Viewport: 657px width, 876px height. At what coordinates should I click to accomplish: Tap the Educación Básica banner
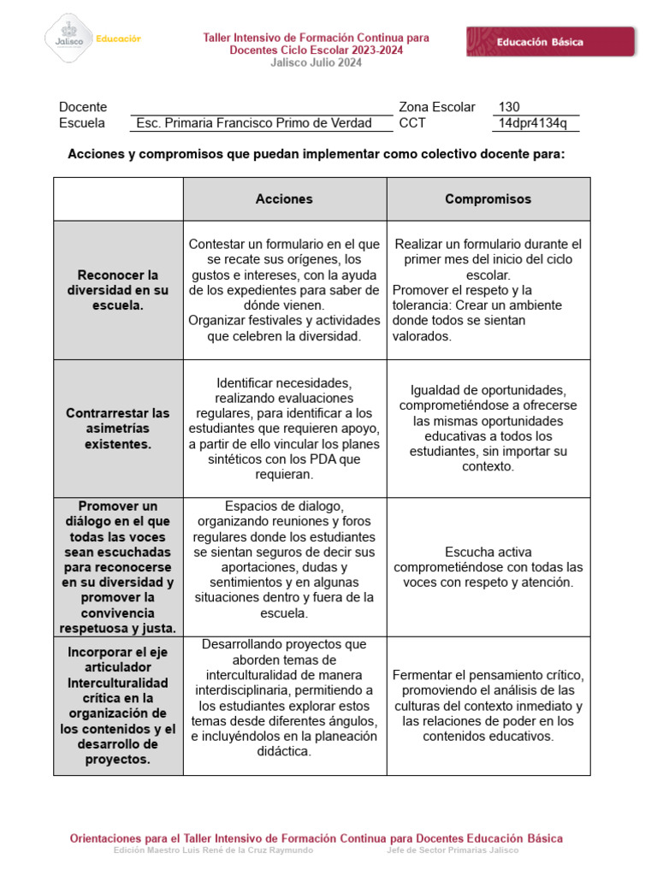550,42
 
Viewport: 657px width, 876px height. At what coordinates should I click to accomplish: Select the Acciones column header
284,198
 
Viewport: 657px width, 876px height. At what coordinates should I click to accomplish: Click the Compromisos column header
488,198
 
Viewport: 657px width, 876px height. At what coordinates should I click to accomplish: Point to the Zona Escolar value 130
508,107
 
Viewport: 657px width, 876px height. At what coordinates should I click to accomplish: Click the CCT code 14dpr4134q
532,123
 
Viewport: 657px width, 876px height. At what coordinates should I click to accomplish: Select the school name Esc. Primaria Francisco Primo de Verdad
254,123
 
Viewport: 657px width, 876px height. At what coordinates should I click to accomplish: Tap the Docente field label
83,107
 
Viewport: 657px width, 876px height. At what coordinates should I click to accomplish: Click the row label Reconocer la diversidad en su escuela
118,290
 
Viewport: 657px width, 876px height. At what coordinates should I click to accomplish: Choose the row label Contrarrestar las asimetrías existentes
118,429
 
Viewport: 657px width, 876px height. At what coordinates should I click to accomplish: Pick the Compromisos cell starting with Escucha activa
488,567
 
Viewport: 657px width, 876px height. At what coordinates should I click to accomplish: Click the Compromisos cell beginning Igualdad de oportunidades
488,429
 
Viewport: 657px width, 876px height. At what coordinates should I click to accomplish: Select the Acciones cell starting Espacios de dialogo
284,559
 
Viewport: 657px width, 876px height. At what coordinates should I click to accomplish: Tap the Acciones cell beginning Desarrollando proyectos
284,697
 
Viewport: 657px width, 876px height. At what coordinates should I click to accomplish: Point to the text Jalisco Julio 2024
316,62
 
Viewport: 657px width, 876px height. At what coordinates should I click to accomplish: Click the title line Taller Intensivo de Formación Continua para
316,38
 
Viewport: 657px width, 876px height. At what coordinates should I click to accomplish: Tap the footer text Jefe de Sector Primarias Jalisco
453,850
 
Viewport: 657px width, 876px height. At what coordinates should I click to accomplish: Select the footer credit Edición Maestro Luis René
214,850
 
